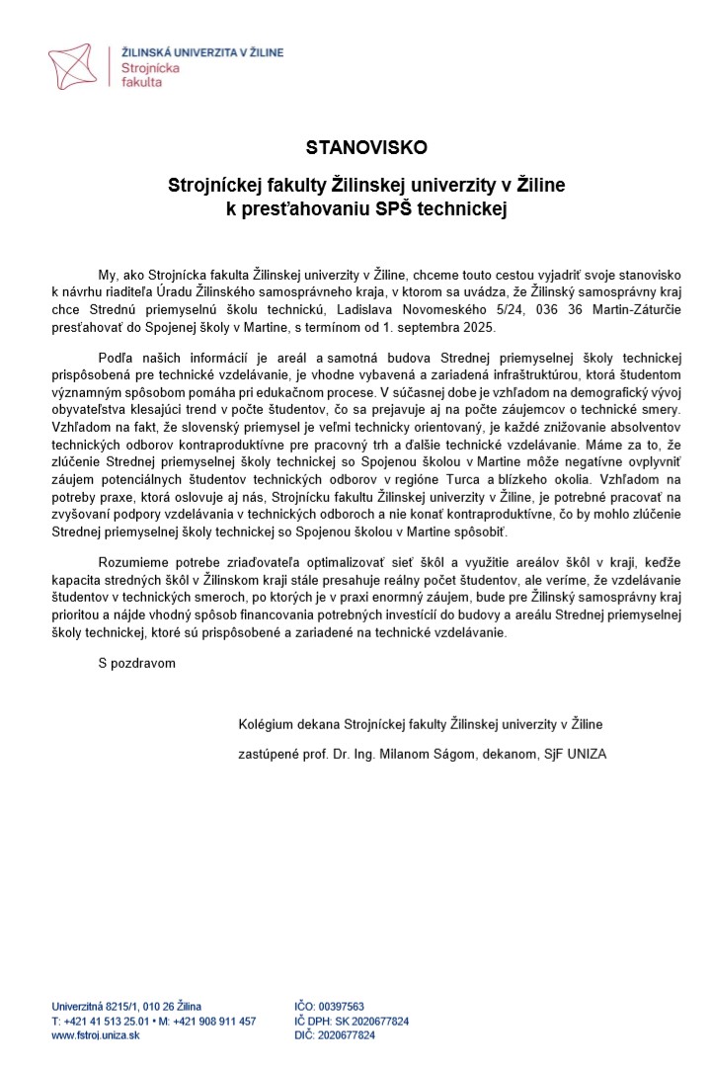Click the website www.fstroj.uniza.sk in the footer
coord(96,1035)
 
